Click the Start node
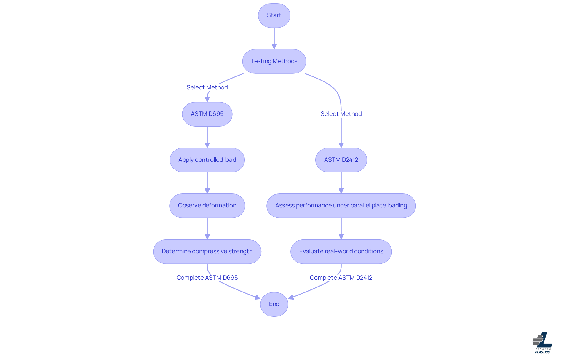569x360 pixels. (x=274, y=15)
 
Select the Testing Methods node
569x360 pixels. (x=274, y=61)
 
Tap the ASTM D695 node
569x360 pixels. (x=207, y=114)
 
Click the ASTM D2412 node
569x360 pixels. (x=341, y=160)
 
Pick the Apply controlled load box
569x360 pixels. (x=207, y=160)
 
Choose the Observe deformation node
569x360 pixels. (x=207, y=206)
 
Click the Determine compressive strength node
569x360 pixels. (x=207, y=252)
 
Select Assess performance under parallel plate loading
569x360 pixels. (x=341, y=206)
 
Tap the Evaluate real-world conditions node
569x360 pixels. (x=341, y=252)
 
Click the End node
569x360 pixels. (x=274, y=304)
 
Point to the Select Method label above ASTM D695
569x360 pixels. (x=207, y=87)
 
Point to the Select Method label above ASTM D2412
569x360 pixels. (x=341, y=114)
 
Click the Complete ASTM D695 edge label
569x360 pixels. (x=207, y=278)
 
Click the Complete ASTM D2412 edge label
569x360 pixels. (x=341, y=278)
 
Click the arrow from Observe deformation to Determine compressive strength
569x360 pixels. (x=207, y=228)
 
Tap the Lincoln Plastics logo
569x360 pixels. (x=542, y=343)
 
